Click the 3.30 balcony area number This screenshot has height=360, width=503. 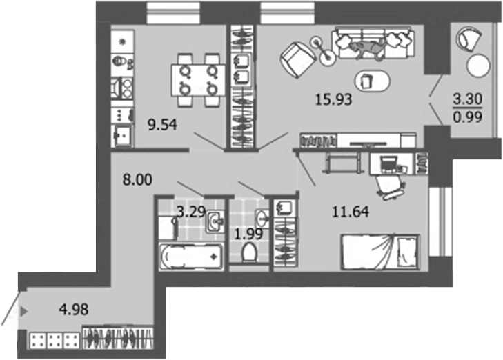[x=467, y=99]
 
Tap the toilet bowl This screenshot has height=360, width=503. [x=249, y=253]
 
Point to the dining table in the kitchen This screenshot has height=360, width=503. [x=199, y=79]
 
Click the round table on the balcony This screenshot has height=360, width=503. [x=477, y=66]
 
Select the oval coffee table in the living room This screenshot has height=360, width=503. [x=371, y=79]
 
